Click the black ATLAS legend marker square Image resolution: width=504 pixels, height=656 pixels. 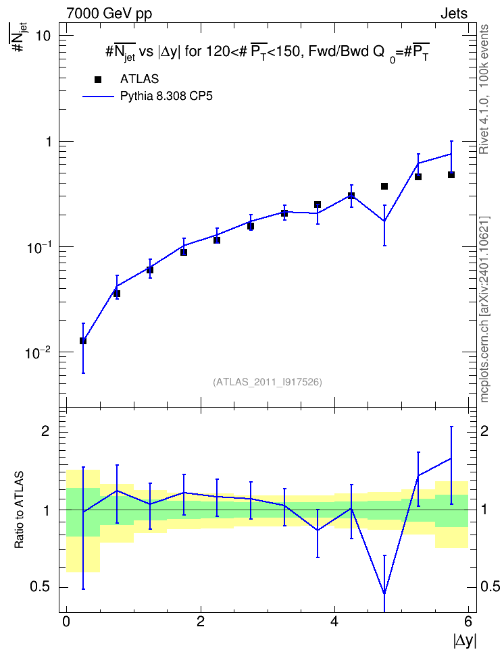click(98, 80)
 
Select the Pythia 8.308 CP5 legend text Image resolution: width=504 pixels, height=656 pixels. click(166, 97)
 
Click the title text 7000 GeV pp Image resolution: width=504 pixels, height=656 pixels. click(109, 13)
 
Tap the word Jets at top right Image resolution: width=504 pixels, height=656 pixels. click(454, 13)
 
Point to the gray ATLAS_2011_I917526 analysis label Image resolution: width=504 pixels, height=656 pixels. click(268, 382)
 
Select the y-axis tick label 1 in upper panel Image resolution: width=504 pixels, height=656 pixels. click(48, 142)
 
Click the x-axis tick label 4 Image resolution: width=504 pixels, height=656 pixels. click(334, 622)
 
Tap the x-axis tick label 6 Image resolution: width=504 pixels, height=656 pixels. click(468, 622)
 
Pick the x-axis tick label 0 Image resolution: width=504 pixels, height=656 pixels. click(66, 622)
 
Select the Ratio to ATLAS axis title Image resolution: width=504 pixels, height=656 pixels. click(19, 510)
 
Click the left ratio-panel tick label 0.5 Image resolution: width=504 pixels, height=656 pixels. click(40, 587)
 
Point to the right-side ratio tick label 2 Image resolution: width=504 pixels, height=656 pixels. click(484, 431)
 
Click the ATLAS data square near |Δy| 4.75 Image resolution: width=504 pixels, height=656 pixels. click(384, 186)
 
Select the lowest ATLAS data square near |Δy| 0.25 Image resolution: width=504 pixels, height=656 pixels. click(83, 341)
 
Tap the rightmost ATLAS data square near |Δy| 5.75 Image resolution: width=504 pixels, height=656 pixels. click(451, 174)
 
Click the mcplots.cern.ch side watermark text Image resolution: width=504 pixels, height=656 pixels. click(484, 309)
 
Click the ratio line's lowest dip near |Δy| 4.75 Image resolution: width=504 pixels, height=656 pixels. click(384, 593)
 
